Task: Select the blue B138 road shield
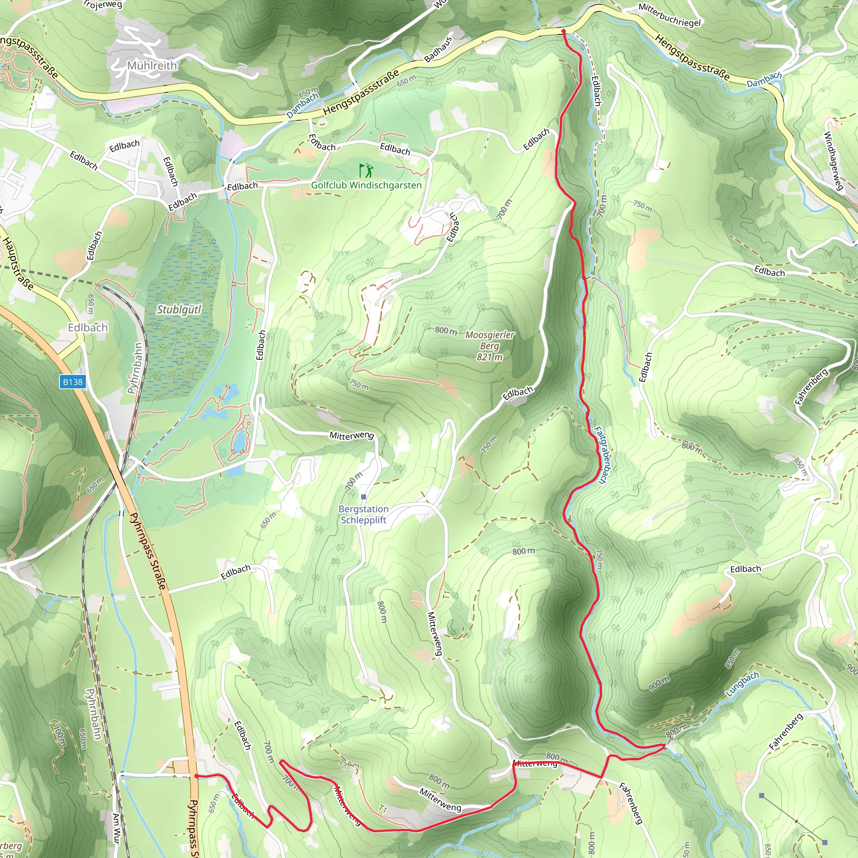(72, 382)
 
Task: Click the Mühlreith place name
(152, 66)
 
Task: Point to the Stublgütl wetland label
(179, 310)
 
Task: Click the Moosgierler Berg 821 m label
(489, 346)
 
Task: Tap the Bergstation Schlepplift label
(363, 514)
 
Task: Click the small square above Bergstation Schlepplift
(364, 496)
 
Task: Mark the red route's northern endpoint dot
(563, 31)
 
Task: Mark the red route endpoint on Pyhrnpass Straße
(196, 776)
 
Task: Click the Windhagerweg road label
(833, 161)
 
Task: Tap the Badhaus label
(438, 49)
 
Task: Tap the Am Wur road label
(116, 828)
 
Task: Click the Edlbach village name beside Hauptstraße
(88, 328)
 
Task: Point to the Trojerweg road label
(103, 5)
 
